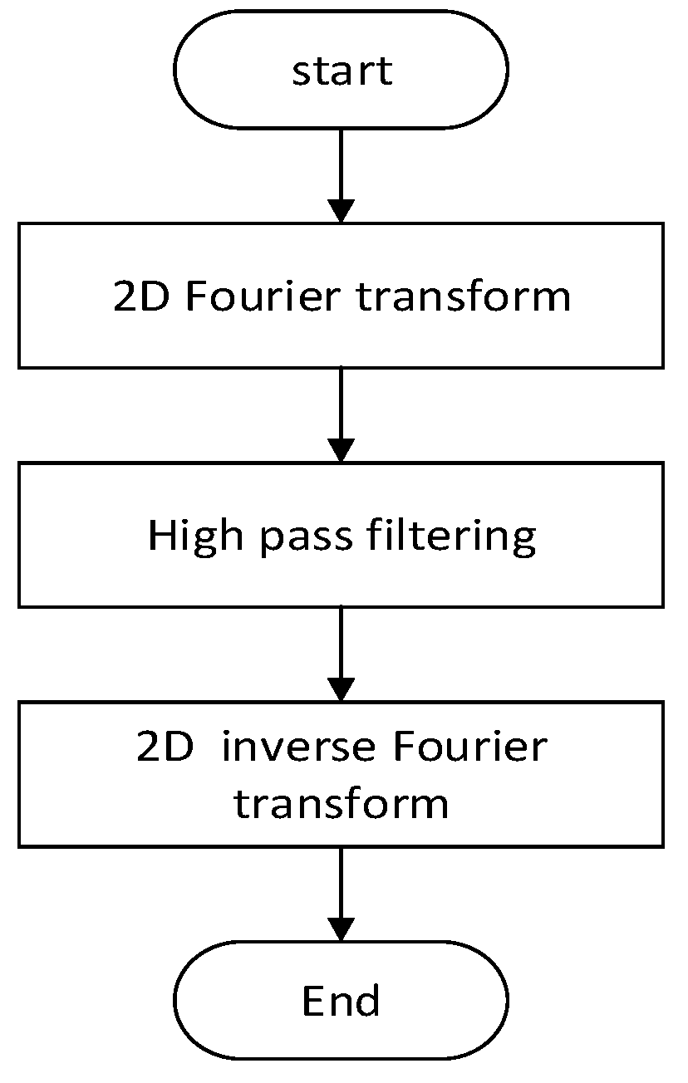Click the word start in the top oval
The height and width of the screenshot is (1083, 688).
click(342, 71)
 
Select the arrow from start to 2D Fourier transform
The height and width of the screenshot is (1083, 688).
click(342, 174)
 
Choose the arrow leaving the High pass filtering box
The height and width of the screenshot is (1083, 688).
click(342, 653)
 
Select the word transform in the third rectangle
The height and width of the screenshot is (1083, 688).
click(342, 804)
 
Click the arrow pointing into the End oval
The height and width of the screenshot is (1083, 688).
click(342, 893)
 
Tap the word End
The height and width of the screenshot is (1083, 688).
click(342, 1001)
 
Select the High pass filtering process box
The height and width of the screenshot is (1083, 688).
click(83, 536)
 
